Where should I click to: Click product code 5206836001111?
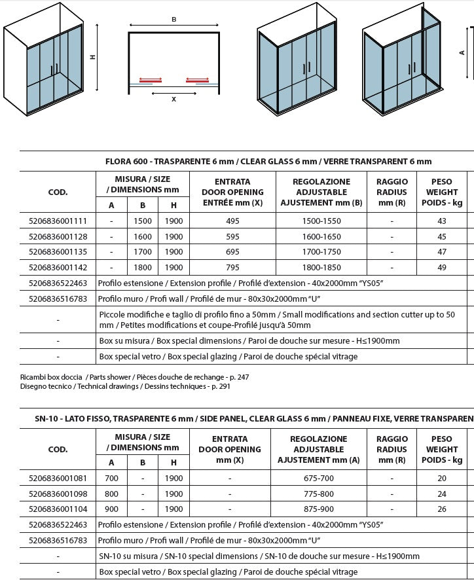click(58, 221)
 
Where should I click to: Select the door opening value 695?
click(232, 252)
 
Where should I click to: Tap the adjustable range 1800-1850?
click(320, 267)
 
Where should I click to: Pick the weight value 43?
click(442, 221)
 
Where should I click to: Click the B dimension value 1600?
click(142, 236)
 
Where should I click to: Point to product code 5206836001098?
click(58, 494)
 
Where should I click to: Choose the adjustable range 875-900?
click(319, 509)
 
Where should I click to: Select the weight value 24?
click(442, 494)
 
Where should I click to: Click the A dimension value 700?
click(111, 479)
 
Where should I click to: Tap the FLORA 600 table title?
click(268, 161)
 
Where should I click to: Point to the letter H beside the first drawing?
click(94, 57)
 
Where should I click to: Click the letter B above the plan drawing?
click(173, 20)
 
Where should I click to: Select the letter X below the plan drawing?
click(173, 100)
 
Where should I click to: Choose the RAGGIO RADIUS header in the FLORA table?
click(392, 192)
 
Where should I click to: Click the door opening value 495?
click(232, 221)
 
